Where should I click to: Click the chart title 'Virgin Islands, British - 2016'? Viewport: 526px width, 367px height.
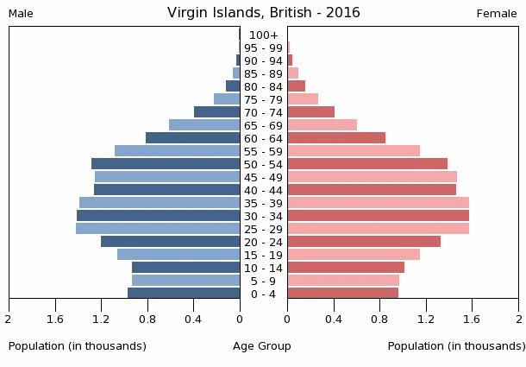coord(263,13)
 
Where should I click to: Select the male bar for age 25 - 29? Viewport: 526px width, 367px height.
coord(158,229)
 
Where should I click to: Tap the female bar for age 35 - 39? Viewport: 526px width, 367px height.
coord(378,203)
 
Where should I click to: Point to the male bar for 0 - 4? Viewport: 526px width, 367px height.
coord(184,294)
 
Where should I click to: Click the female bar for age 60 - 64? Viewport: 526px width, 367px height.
coord(336,138)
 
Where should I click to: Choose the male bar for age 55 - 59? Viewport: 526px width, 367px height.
coord(177,151)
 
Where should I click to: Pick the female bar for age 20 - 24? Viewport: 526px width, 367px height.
coord(364,242)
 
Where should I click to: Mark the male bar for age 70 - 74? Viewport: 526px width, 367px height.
coord(216,112)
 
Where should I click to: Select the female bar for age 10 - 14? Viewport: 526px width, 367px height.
coord(346,268)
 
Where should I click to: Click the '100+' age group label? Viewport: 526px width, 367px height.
coord(263,35)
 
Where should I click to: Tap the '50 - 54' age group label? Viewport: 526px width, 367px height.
coord(263,164)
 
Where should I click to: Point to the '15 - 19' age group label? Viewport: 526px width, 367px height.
coord(263,255)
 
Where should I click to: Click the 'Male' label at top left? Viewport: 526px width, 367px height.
coord(21,14)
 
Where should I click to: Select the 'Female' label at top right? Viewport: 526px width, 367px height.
coord(497,14)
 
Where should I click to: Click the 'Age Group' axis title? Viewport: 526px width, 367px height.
coord(262,346)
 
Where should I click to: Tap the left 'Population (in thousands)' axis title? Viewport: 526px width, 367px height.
coord(78,346)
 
